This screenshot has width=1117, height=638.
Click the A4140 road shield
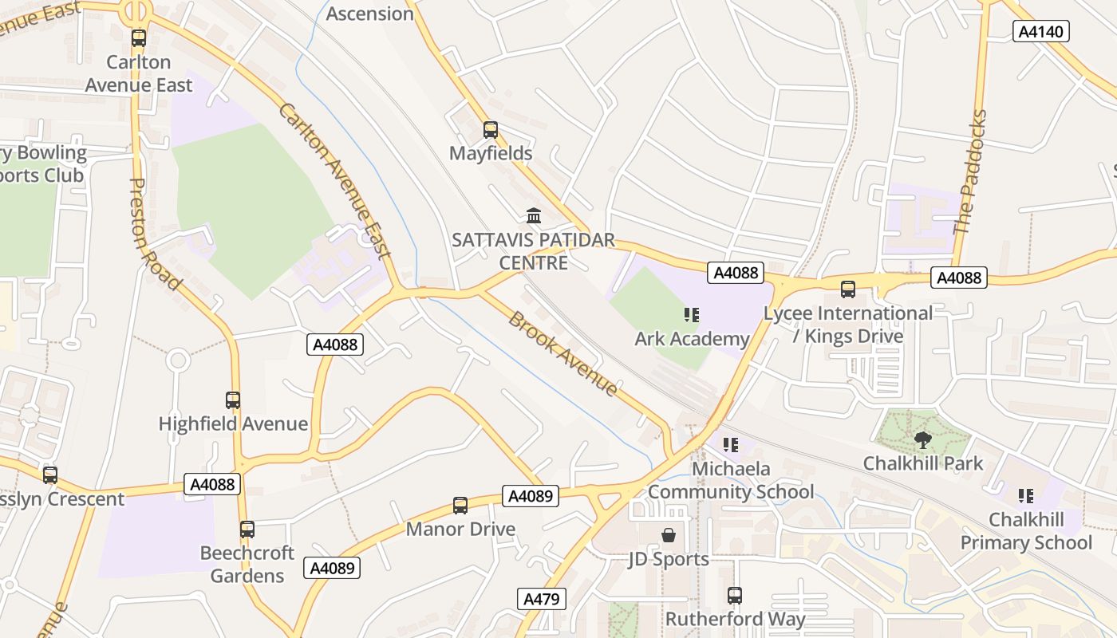point(1040,31)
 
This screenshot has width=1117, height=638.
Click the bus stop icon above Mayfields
point(490,129)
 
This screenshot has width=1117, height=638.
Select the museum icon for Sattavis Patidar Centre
point(533,215)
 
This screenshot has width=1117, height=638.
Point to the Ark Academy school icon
point(691,316)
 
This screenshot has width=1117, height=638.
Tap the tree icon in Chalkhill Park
point(923,440)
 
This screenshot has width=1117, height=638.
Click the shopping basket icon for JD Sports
point(668,535)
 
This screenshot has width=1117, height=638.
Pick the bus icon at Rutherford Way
point(734,595)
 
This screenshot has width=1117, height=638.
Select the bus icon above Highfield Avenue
point(232,400)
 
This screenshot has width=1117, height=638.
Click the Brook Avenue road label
point(562,353)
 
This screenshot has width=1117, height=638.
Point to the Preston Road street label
point(153,232)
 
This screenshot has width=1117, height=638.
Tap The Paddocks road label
point(971,171)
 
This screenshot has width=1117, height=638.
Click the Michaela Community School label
point(731,480)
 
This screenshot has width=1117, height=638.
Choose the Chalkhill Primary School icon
point(1025,496)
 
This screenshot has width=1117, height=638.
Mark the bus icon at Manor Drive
point(460,505)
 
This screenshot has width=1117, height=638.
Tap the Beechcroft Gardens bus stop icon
point(247,529)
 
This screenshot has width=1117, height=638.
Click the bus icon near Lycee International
point(847,289)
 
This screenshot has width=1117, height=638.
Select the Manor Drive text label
point(460,530)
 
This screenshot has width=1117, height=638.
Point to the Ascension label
point(369,14)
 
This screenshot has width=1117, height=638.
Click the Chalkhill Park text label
point(923,463)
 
